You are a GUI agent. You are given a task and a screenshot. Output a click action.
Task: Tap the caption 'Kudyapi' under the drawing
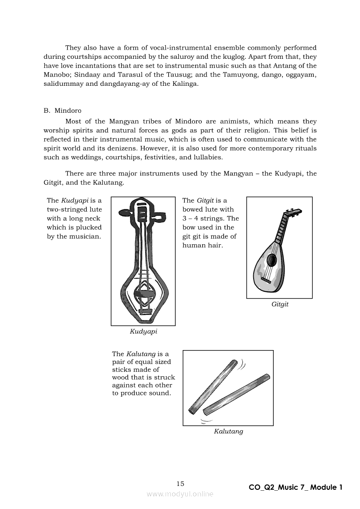143,331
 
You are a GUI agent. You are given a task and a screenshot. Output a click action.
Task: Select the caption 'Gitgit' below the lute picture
280,304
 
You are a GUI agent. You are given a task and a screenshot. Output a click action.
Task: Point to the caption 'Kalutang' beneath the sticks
228,431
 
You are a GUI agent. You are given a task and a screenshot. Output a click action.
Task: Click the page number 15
180,484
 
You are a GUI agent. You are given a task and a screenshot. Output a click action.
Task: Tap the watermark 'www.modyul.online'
180,494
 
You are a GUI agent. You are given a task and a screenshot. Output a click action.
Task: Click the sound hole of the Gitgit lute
272,260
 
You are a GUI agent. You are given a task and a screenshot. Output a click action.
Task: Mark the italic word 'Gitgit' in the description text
205,200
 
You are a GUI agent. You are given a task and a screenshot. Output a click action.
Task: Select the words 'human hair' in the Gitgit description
200,245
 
